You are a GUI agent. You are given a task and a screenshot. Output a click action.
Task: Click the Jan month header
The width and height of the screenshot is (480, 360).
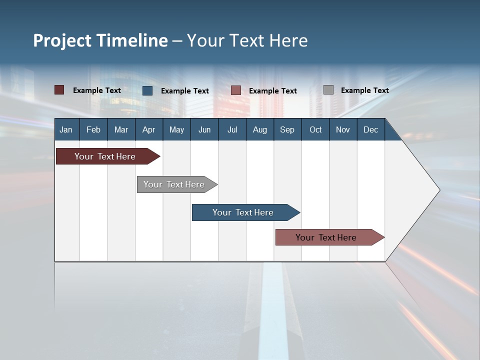66,129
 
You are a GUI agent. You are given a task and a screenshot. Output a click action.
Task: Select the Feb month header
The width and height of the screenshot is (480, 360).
93,129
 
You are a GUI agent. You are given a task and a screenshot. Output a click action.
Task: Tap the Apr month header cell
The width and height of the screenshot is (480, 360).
148,129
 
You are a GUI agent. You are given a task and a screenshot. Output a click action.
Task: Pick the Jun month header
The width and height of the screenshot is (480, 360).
204,129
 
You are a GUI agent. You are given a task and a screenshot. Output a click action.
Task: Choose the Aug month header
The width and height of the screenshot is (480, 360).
259,129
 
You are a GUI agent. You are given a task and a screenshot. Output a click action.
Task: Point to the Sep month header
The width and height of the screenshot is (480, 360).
287,129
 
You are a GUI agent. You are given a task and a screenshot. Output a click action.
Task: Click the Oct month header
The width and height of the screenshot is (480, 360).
315,129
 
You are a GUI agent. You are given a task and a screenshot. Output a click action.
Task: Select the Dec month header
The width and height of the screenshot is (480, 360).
370,129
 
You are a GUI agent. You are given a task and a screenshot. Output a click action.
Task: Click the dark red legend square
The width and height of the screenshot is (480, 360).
59,90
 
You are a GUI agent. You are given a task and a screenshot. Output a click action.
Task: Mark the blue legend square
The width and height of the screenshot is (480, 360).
147,90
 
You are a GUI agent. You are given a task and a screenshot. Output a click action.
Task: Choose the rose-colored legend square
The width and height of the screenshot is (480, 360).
236,90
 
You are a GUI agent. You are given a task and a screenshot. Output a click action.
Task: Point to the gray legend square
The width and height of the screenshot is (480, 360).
328,90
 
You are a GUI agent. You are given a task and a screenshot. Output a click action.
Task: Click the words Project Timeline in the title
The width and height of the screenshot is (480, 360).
100,40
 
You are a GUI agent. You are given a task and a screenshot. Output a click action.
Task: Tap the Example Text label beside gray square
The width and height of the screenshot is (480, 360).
364,90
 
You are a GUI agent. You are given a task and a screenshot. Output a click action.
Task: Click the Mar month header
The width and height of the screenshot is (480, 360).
121,129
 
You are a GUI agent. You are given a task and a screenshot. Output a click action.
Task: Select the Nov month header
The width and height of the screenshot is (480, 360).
343,129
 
